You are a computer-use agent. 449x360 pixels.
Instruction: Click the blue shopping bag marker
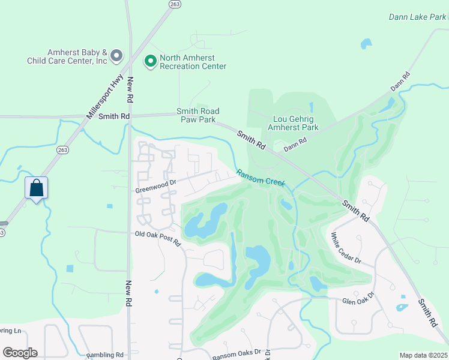click(37, 188)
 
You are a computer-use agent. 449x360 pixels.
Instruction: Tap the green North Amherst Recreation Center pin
click(150, 61)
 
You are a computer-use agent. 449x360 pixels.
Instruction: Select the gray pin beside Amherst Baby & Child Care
click(117, 56)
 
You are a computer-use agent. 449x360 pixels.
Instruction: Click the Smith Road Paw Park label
click(197, 115)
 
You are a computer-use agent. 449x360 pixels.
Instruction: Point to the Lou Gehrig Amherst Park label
click(295, 123)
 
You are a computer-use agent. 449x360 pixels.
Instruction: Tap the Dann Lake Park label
click(418, 17)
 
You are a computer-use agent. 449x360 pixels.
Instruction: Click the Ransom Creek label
click(261, 178)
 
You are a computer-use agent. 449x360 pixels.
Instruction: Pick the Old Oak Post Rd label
click(157, 235)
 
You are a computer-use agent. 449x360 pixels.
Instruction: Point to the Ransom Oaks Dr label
click(237, 353)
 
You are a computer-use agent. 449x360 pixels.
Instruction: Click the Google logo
click(20, 353)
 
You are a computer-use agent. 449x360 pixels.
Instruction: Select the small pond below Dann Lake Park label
click(366, 44)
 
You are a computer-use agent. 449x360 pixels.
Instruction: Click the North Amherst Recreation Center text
click(193, 62)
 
